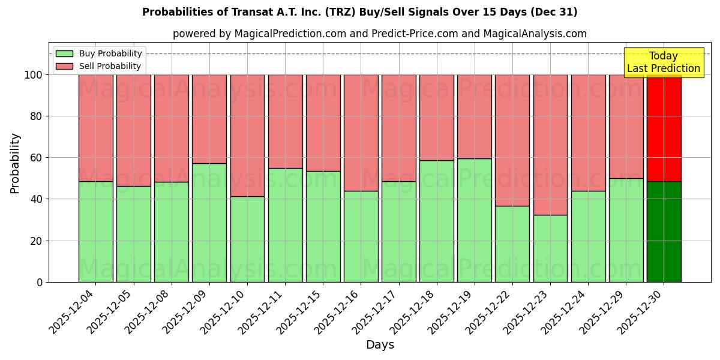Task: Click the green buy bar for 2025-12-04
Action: (95, 232)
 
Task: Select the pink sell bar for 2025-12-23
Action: (550, 145)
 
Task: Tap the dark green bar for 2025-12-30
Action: (664, 232)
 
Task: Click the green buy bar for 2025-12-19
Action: (475, 220)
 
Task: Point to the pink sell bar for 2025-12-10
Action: (247, 135)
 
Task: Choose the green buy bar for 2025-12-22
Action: (512, 244)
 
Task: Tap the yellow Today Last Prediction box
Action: (663, 62)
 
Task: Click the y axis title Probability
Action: (15, 163)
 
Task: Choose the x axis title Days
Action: (380, 345)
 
